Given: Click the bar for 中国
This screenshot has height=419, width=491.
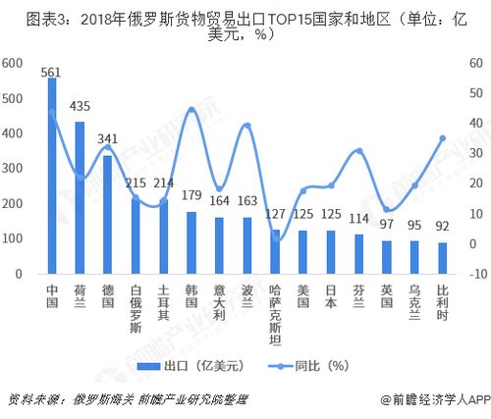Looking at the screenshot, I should [52, 177].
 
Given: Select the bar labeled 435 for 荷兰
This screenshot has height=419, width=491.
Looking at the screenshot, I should [80, 198].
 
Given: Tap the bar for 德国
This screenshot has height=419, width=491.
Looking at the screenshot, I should [108, 215].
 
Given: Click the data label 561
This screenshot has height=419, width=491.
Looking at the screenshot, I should [52, 71].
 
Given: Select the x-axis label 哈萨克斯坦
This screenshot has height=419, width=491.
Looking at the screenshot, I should [276, 315].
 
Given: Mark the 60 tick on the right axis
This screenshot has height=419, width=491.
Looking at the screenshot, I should [476, 64].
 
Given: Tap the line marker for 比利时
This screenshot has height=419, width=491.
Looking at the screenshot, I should [443, 138].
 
